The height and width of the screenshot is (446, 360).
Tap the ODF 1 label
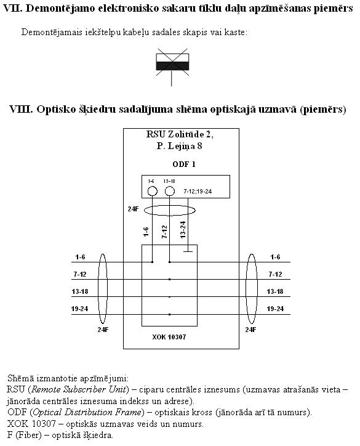click(x=184, y=164)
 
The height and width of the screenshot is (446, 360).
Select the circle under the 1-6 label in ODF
click(x=152, y=191)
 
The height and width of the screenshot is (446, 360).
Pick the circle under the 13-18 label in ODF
click(x=170, y=191)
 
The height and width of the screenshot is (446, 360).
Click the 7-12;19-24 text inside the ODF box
click(x=198, y=192)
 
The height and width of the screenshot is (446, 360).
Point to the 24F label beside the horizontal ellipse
click(x=133, y=209)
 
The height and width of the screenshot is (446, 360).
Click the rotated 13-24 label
click(x=183, y=230)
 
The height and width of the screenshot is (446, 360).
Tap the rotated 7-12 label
click(x=164, y=232)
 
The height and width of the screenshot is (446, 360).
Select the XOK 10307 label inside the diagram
click(x=169, y=337)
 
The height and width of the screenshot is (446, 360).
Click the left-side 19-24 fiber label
click(x=79, y=309)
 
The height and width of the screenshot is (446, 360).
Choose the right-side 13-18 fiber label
click(x=275, y=291)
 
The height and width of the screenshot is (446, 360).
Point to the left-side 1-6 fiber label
click(x=80, y=257)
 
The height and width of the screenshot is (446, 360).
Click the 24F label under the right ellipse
click(x=250, y=330)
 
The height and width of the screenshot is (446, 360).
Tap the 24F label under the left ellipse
click(x=103, y=330)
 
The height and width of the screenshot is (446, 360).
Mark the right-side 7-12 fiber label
click(x=275, y=274)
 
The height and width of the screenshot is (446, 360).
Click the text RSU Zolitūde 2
click(x=180, y=134)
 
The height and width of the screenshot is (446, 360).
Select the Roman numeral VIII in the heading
click(x=21, y=109)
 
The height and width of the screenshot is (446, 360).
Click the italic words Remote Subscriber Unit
click(x=79, y=389)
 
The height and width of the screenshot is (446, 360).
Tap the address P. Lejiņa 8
click(x=179, y=146)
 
